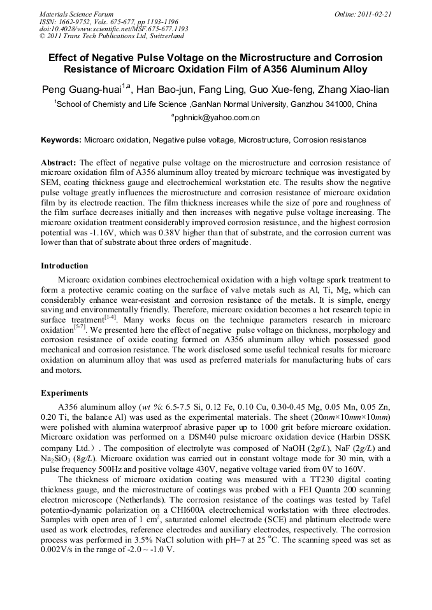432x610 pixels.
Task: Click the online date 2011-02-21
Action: [x=374, y=13]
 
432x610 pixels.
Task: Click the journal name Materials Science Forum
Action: [x=76, y=13]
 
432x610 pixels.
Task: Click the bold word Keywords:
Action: [x=61, y=139]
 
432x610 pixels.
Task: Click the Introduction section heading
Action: [x=64, y=265]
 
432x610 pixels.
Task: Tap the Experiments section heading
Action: [x=64, y=392]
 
